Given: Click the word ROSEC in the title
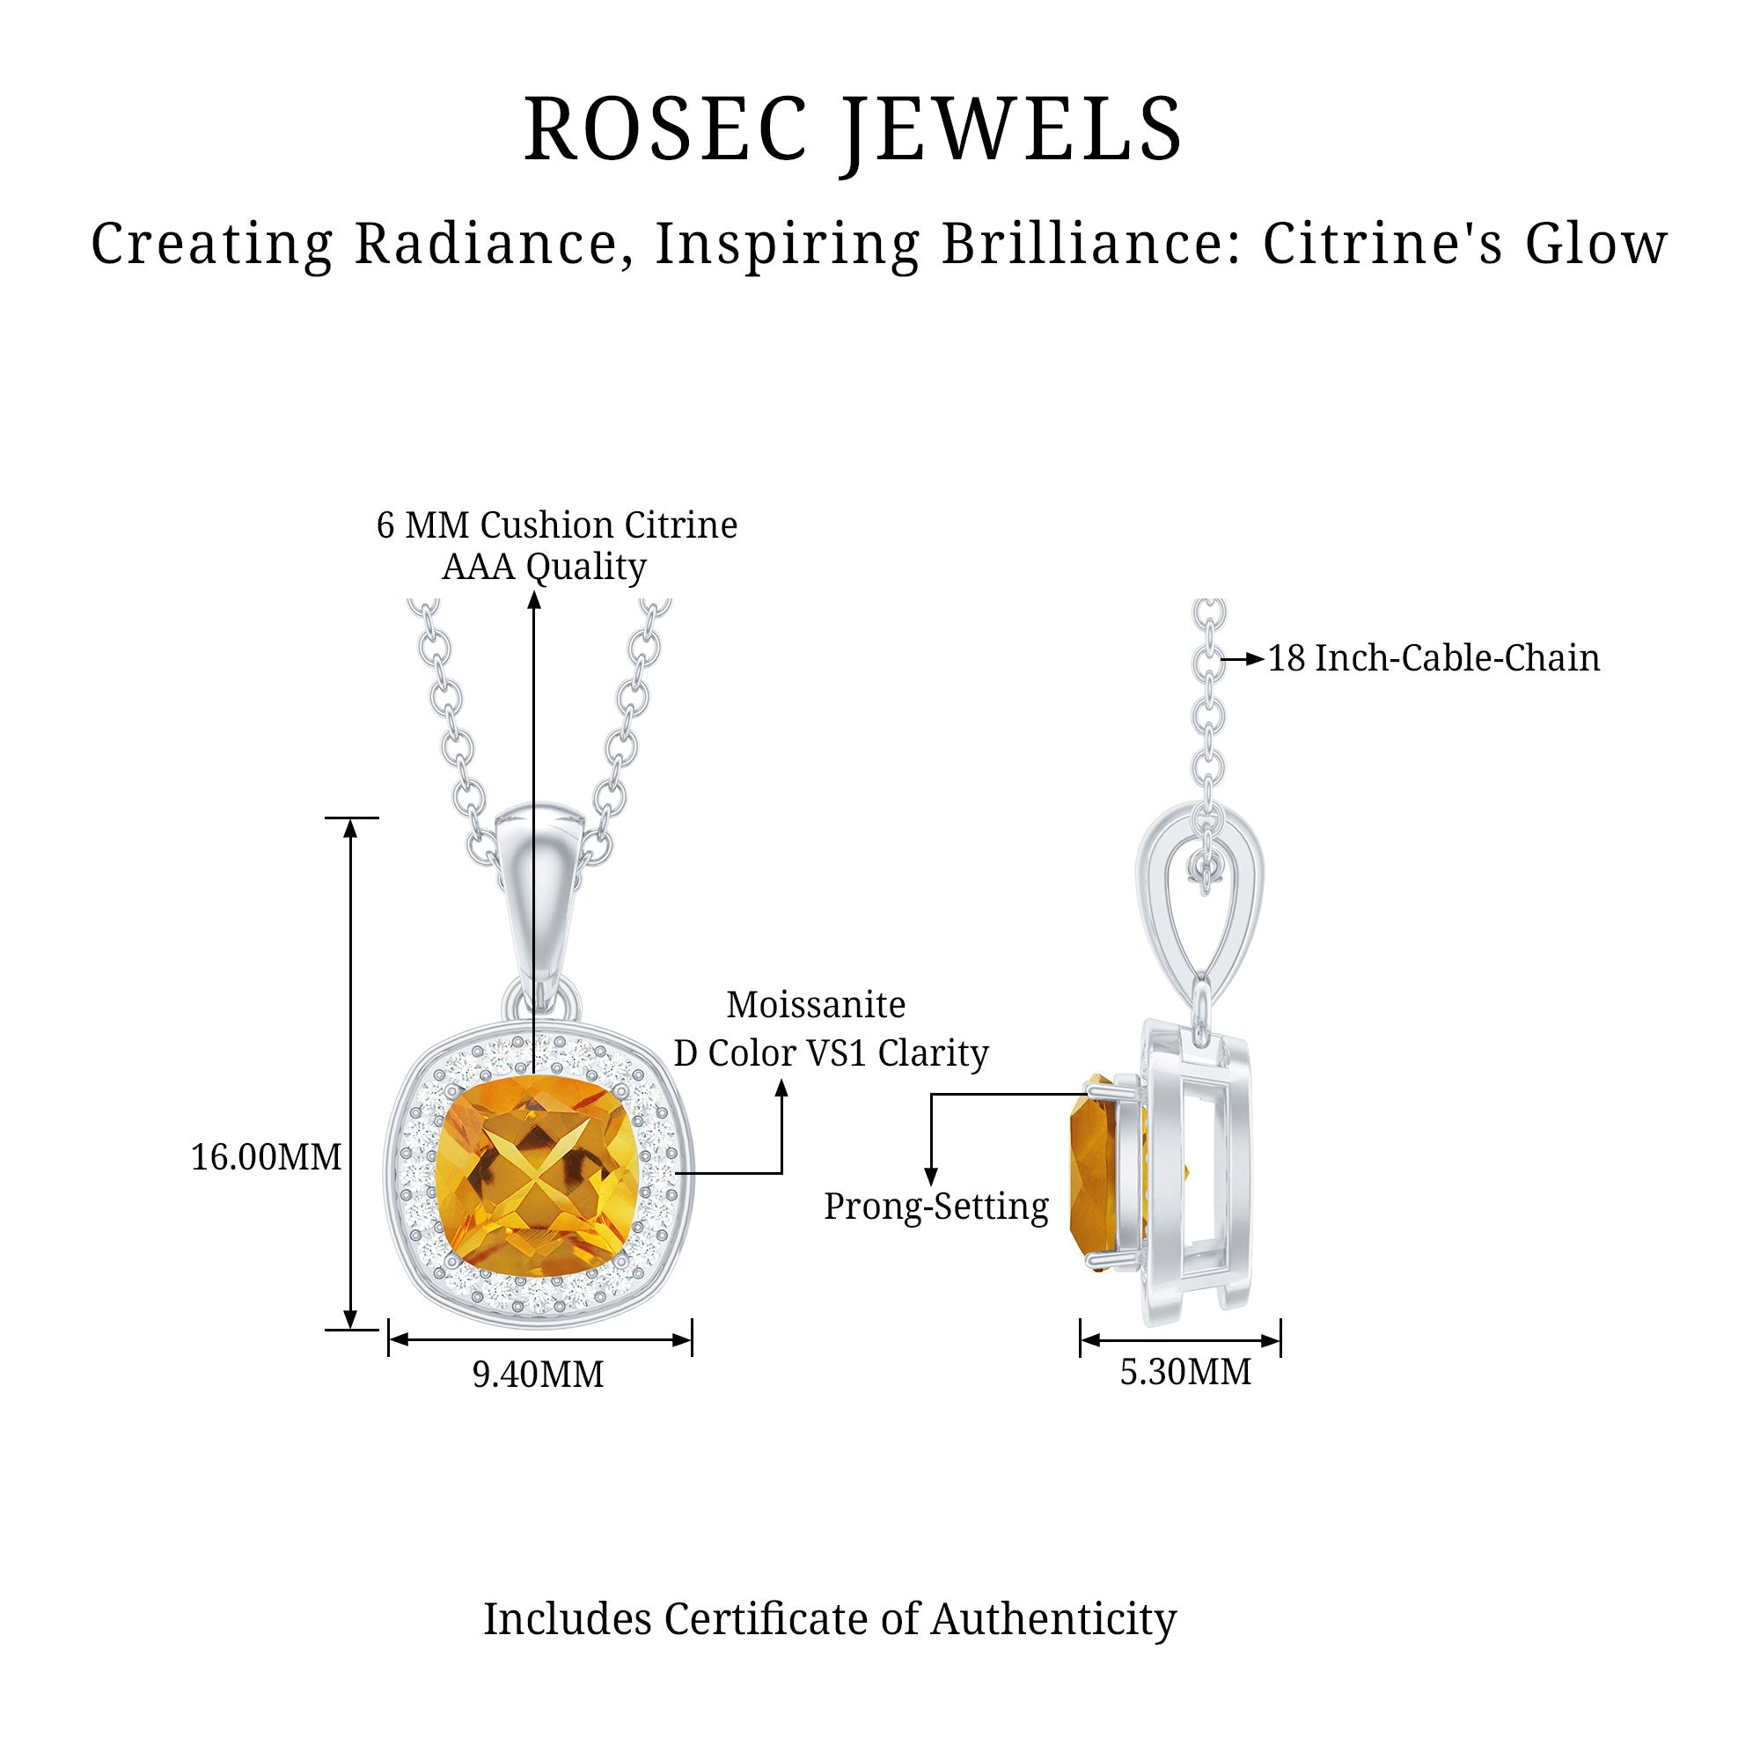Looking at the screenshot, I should coord(666,129).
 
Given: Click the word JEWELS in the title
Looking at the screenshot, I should coord(1012,129).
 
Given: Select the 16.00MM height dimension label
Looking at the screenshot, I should coord(266,1158).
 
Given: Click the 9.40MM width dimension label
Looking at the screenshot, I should coord(538,1375).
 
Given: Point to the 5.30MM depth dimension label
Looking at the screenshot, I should coord(1185,1372).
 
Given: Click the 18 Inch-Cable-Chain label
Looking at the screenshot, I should coord(1434,658).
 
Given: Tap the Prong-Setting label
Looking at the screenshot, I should coord(935,1206).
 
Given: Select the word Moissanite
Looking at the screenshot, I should coord(816,1005).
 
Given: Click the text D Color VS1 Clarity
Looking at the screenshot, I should coord(831,1053).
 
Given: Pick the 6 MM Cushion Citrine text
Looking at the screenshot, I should coord(557,524).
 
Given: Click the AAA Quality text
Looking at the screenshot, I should coord(544,567).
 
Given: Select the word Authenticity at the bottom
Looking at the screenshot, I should coord(1053,1619).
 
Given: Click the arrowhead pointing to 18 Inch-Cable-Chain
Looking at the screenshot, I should coord(1257,658).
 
